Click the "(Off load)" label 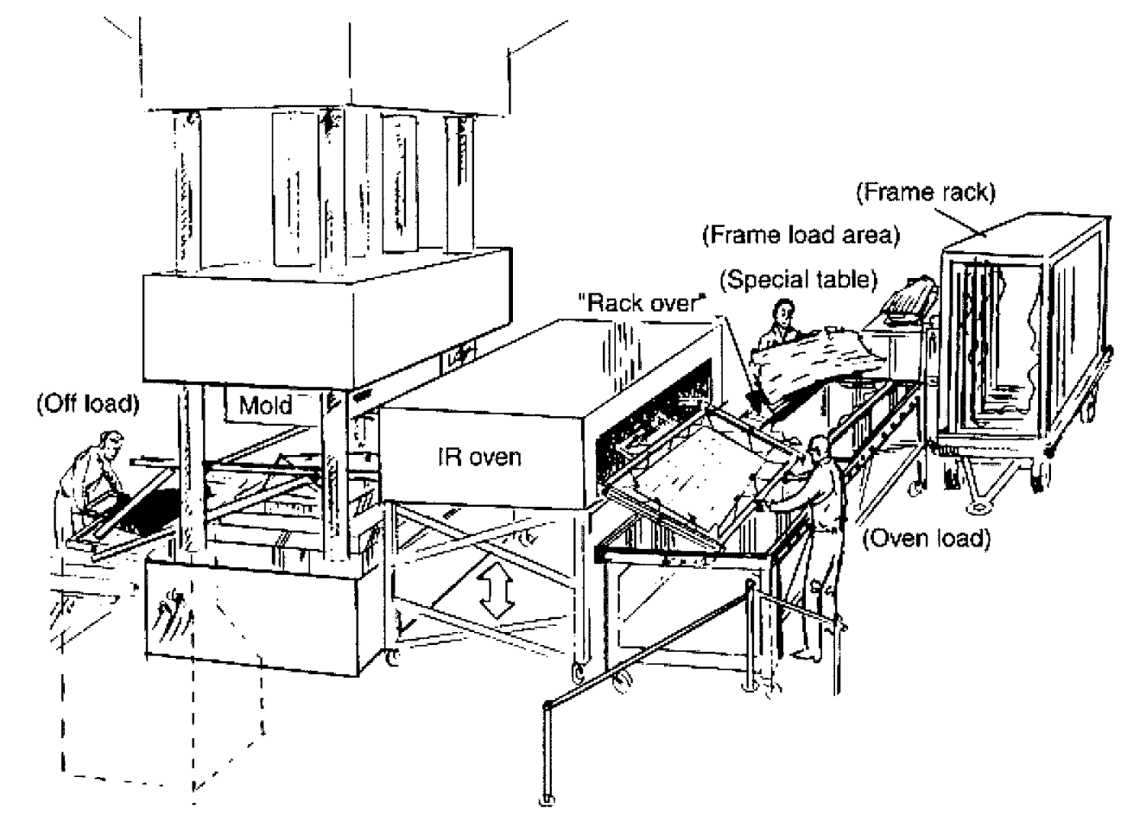click(85, 405)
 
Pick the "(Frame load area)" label click(801, 235)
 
